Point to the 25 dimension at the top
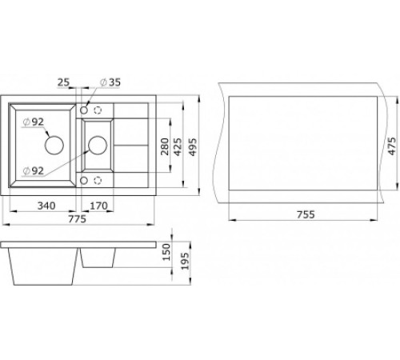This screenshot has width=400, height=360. click(65, 82)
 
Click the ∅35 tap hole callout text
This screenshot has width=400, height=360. click(110, 82)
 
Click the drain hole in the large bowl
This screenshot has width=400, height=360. click(54, 145)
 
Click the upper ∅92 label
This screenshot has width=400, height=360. click(35, 122)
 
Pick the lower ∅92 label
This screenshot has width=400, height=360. click(35, 170)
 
